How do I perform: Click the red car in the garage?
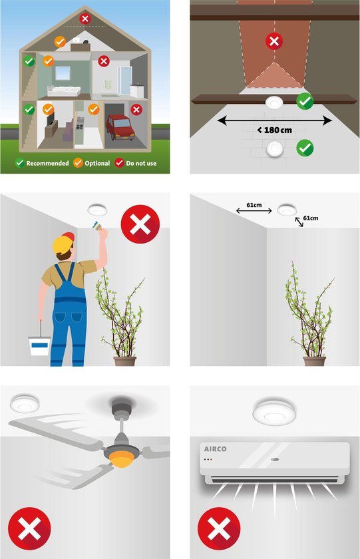[x=120, y=127]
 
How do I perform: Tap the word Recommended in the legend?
[x=47, y=163]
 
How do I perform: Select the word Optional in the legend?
[x=97, y=163]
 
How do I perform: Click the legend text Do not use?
[x=141, y=163]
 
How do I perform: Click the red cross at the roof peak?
[x=85, y=18]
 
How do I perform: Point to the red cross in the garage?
[x=136, y=109]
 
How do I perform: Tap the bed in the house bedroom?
[x=64, y=91]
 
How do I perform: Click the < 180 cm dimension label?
[x=274, y=130]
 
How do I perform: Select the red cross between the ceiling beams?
[x=274, y=41]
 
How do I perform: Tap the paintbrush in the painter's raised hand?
[x=96, y=225]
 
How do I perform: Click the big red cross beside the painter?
[x=140, y=224]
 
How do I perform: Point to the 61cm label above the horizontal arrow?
[x=254, y=205]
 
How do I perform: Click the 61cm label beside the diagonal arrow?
[x=311, y=218]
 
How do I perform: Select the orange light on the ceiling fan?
[x=121, y=459]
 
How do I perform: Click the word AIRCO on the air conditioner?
[x=216, y=449]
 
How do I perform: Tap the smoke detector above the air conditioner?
[x=274, y=413]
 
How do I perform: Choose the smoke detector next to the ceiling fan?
[x=24, y=403]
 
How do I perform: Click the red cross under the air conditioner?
[x=219, y=528]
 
